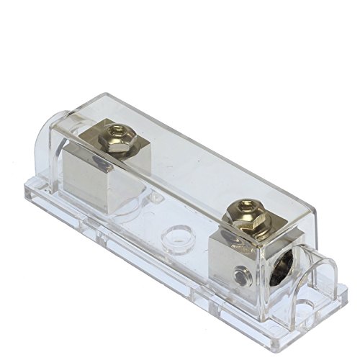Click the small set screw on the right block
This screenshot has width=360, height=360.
click(247, 273)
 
